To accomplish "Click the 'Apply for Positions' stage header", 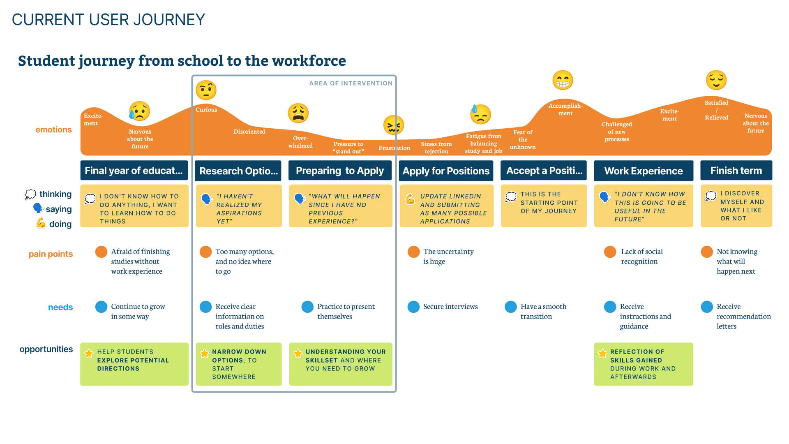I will click(x=446, y=171).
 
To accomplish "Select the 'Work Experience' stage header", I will click(x=644, y=171).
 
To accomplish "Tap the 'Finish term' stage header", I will click(x=736, y=170).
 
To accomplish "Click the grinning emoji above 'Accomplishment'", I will click(x=563, y=80).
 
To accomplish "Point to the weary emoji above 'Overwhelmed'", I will click(x=298, y=113).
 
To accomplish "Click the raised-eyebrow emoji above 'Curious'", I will click(x=206, y=90).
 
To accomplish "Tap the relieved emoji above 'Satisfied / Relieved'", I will click(x=716, y=80).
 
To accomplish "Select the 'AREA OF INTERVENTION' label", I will click(x=351, y=83).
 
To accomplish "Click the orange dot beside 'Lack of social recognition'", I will click(x=610, y=252).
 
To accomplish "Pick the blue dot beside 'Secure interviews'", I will click(x=413, y=307).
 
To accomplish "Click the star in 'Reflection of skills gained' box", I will click(x=602, y=354).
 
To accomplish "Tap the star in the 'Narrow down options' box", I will click(x=204, y=354).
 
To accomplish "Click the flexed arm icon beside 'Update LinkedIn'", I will click(x=410, y=199).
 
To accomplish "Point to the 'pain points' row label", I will click(x=51, y=254).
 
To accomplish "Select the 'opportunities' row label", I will click(x=46, y=349).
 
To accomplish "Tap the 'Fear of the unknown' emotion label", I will click(x=523, y=139).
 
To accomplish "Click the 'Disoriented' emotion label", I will click(x=249, y=132).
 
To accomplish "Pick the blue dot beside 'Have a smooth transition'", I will click(x=511, y=307).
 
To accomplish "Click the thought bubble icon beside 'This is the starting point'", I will click(x=511, y=197).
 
